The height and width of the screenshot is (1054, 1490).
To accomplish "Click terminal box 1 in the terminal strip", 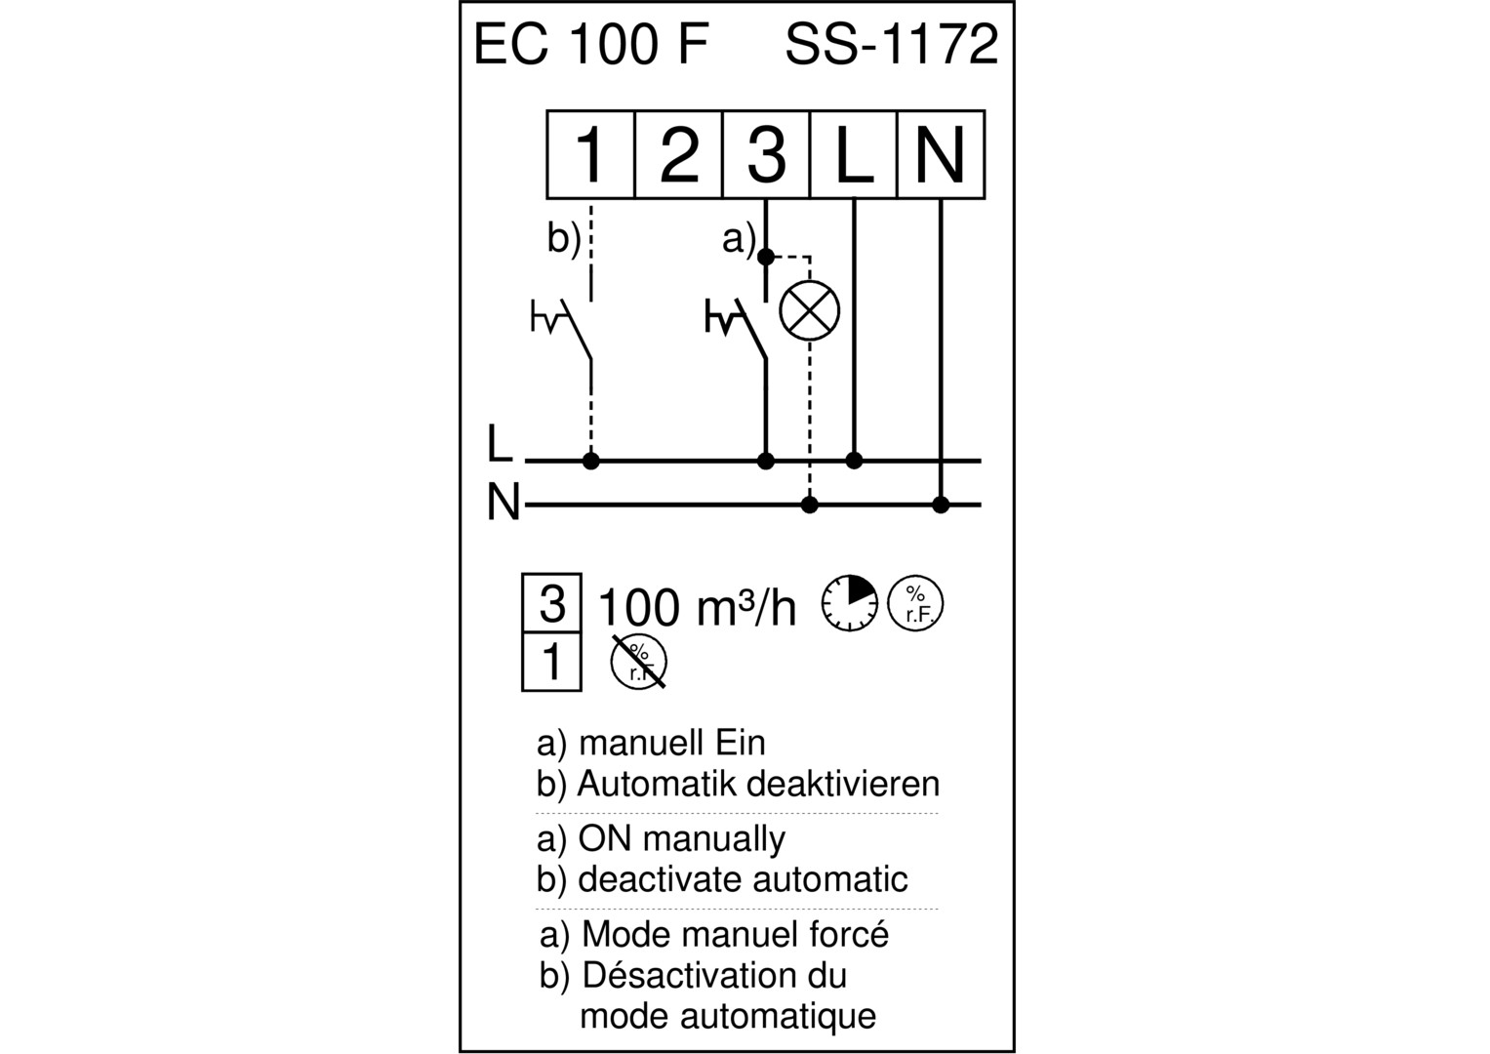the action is (590, 154).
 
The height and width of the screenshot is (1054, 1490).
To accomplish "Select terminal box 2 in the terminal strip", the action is (678, 154).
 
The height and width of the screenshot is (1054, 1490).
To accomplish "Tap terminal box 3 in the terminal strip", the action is (766, 154).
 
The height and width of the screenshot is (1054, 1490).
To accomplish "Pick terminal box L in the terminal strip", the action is (854, 154).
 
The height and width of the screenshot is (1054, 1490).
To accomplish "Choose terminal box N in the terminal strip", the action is (942, 154).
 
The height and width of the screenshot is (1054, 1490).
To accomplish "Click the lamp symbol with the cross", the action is (810, 310).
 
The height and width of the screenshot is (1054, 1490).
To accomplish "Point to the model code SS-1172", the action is (892, 45).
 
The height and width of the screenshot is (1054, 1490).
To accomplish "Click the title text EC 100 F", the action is (590, 45).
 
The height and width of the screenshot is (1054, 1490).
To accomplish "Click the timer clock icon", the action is (850, 603).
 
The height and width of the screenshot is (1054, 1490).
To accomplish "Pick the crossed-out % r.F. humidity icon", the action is (638, 662).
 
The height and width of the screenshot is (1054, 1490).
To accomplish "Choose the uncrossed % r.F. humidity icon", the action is (915, 603).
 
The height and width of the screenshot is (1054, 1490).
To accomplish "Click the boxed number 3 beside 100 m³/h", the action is (552, 603).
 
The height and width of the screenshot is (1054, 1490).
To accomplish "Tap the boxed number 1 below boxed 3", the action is (552, 662).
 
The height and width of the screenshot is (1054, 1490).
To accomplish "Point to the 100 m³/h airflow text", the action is (697, 606).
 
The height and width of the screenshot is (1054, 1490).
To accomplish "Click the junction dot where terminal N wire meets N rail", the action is (941, 505).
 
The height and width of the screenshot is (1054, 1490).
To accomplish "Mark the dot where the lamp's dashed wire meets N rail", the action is (810, 505).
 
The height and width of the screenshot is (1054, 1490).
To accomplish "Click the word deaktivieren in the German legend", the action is (843, 784).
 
